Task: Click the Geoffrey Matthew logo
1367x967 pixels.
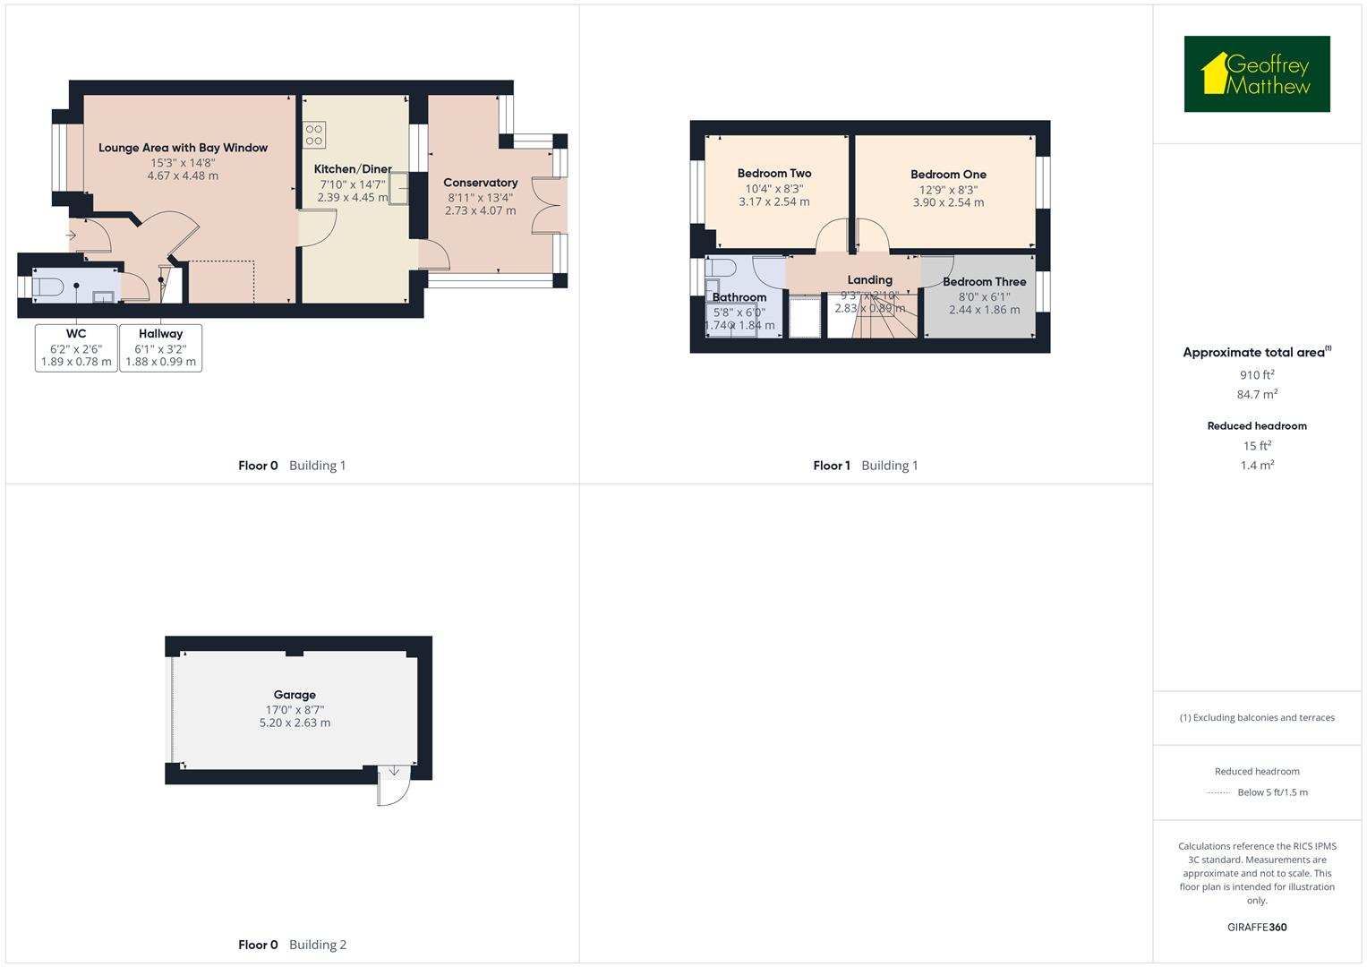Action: coord(1256,74)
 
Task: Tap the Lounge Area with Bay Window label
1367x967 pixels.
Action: coord(183,148)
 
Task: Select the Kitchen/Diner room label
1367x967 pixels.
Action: coord(353,169)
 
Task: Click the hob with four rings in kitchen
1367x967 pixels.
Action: coord(314,134)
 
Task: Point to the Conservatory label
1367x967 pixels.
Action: coord(480,183)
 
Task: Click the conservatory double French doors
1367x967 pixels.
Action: coord(545,205)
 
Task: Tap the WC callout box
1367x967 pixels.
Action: coord(76,347)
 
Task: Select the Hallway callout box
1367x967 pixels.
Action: coord(160,347)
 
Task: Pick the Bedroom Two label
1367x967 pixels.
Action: coord(774,174)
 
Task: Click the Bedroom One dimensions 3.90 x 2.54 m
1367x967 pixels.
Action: coord(948,203)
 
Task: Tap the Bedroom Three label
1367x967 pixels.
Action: coord(984,282)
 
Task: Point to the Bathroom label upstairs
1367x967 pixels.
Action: coord(739,297)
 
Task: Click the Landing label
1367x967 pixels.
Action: coord(869,280)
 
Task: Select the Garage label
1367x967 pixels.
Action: coord(295,695)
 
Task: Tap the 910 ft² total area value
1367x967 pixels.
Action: coord(1256,375)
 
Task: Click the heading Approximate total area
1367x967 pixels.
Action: coord(1256,353)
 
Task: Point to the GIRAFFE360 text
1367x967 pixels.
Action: coord(1256,927)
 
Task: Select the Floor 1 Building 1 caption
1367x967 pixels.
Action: coord(865,466)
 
